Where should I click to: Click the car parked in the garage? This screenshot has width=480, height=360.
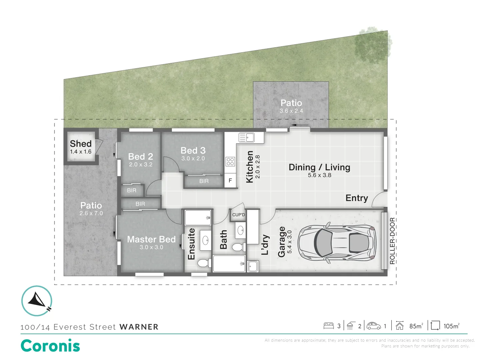tap(337, 243)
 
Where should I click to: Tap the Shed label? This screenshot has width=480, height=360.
tap(81, 144)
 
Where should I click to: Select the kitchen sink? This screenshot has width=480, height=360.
tap(246, 137)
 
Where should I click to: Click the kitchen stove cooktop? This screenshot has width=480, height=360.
tap(230, 162)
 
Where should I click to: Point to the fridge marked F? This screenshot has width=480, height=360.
tap(230, 180)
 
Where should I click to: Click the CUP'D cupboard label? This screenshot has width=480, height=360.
tap(238, 215)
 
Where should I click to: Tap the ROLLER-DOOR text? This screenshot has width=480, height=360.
tap(392, 241)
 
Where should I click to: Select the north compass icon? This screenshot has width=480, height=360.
tap(37, 301)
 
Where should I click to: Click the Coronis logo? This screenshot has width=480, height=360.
tap(51, 346)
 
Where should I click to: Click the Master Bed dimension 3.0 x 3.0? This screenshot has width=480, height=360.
tap(151, 247)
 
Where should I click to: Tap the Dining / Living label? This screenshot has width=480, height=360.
tap(319, 167)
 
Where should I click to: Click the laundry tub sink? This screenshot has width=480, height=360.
tap(253, 266)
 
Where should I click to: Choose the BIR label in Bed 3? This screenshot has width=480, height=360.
tap(204, 181)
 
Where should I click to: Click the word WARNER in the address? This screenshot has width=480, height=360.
tap(139, 327)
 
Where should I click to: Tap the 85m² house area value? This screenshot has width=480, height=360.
tap(416, 326)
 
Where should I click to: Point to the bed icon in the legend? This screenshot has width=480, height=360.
tap(328, 326)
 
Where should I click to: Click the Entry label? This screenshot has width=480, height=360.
tap(357, 198)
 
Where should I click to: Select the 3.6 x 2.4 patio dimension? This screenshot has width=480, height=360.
tap(291, 111)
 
